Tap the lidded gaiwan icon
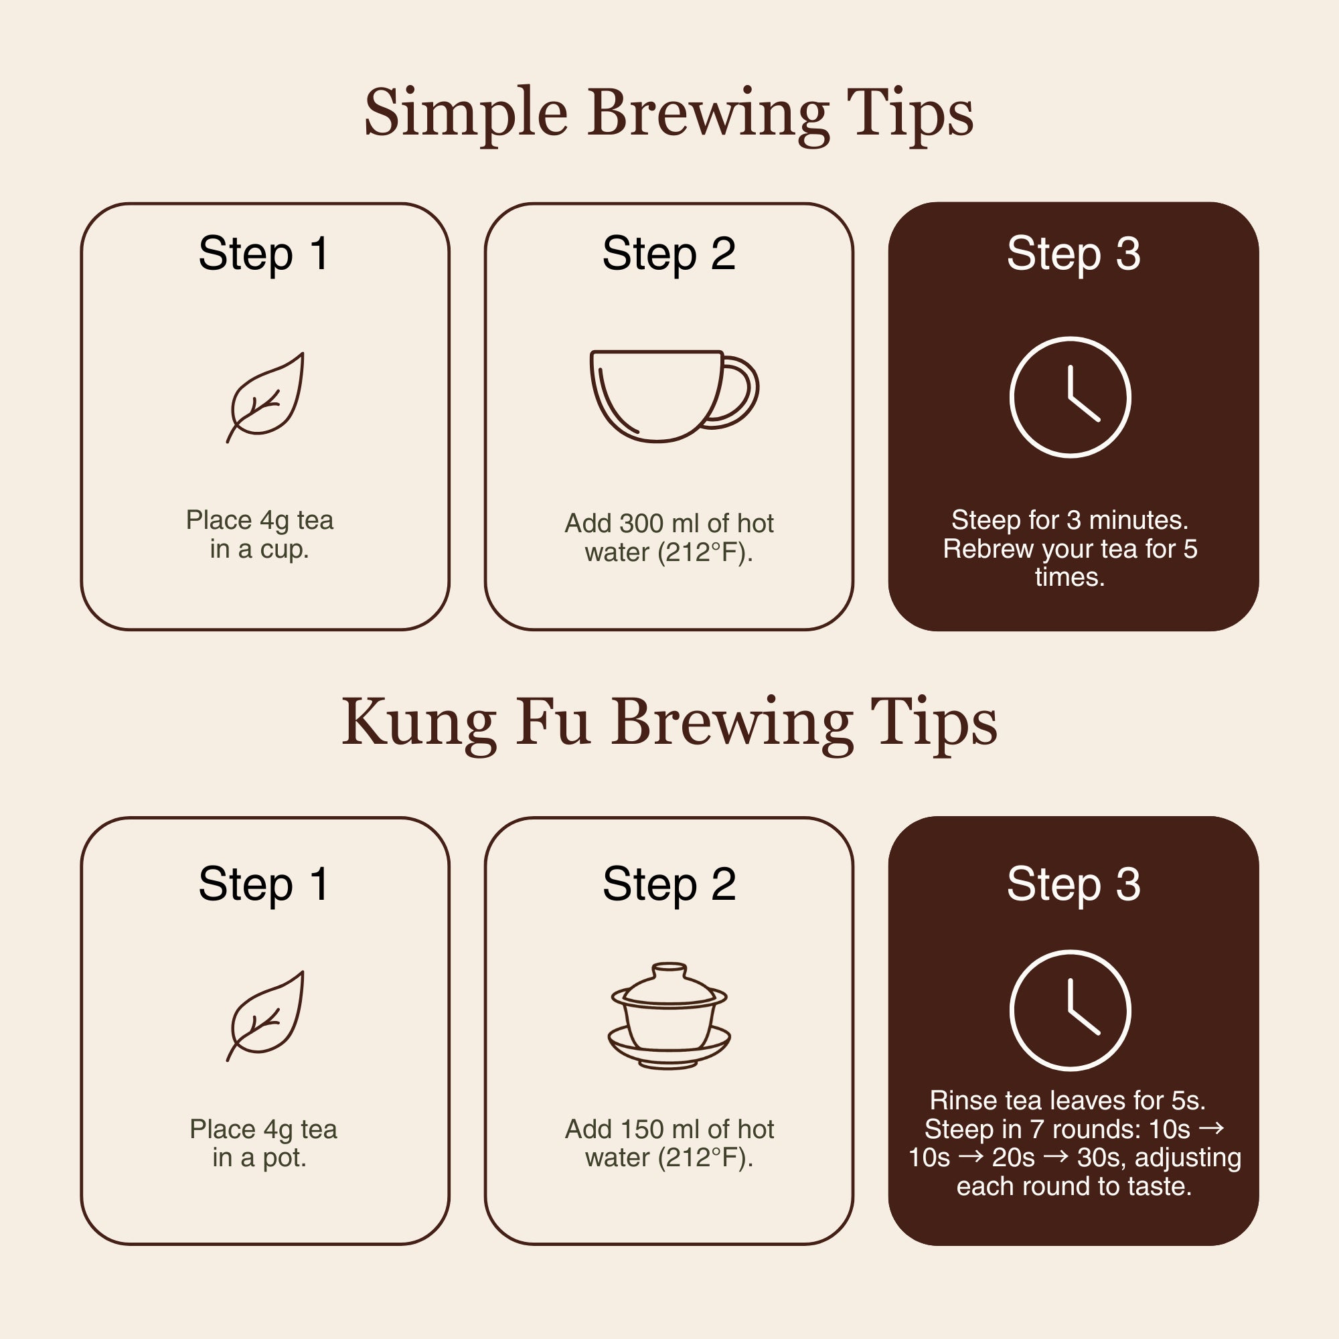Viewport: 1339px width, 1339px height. coord(669,1016)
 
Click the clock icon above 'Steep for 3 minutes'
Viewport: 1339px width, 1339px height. coord(1070,397)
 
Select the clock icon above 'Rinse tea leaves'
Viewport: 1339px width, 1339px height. coord(1070,1010)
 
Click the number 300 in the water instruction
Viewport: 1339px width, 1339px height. coord(642,524)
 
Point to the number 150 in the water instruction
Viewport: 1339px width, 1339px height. coord(642,1129)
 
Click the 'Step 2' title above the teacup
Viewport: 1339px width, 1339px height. coord(669,254)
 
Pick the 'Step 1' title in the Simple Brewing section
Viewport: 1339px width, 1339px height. coord(263,254)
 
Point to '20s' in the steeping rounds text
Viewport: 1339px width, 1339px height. coord(1013,1158)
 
